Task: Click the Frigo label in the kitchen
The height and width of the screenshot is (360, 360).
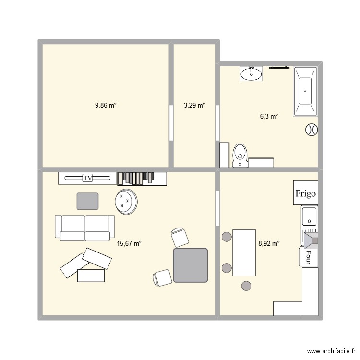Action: (306, 193)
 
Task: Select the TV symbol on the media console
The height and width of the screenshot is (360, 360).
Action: (87, 178)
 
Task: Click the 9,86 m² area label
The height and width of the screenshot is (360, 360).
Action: (106, 105)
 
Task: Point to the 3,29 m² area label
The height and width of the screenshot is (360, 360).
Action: (194, 105)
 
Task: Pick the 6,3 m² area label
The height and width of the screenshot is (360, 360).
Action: (269, 116)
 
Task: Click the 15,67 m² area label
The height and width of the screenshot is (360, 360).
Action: (129, 244)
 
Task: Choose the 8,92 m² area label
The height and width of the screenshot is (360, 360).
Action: (269, 244)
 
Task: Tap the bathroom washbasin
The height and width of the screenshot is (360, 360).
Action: (251, 74)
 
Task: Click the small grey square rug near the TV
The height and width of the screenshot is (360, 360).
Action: (88, 201)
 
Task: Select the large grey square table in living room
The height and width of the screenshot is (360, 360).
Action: (191, 265)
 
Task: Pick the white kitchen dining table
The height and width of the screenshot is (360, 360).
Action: (244, 252)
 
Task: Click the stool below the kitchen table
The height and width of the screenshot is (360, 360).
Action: (246, 286)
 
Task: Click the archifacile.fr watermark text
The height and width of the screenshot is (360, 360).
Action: (331, 351)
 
